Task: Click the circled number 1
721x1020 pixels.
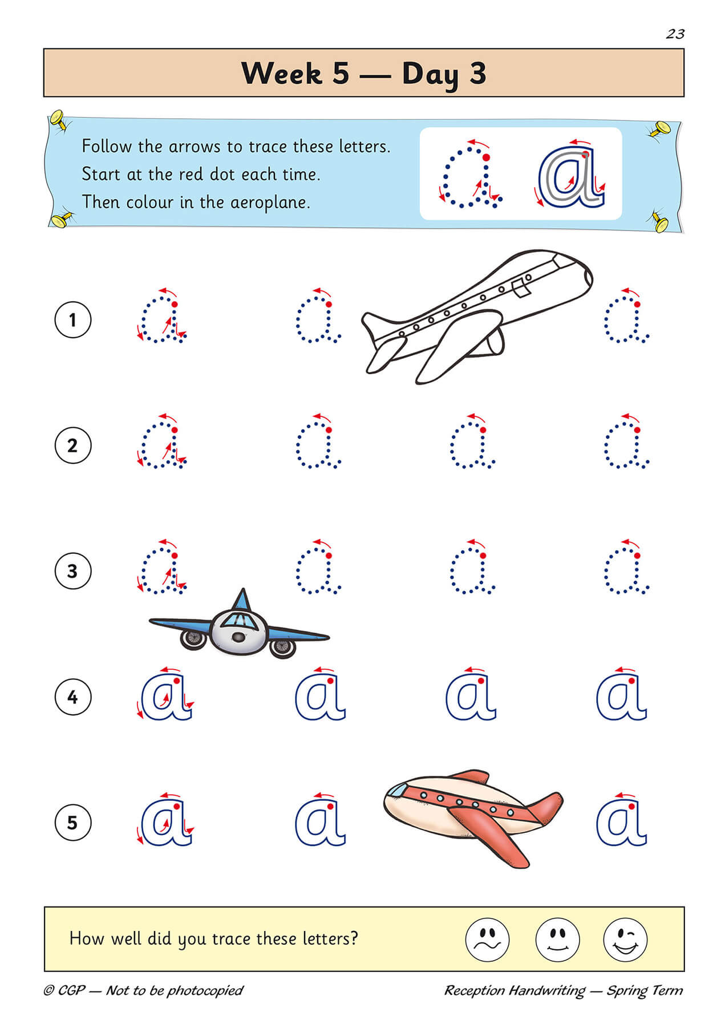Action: (x=72, y=319)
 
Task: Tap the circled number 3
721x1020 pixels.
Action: (x=72, y=571)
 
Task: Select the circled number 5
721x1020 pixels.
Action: (x=72, y=823)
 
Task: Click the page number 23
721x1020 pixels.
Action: (x=675, y=34)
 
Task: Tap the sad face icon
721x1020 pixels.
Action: (x=487, y=939)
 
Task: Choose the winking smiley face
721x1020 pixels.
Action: (x=625, y=939)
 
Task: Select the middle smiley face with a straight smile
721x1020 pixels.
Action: (x=557, y=939)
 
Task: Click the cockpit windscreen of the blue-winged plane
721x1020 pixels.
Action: (x=237, y=619)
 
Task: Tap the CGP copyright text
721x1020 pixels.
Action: (x=143, y=990)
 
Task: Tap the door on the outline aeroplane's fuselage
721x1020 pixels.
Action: (x=520, y=288)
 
